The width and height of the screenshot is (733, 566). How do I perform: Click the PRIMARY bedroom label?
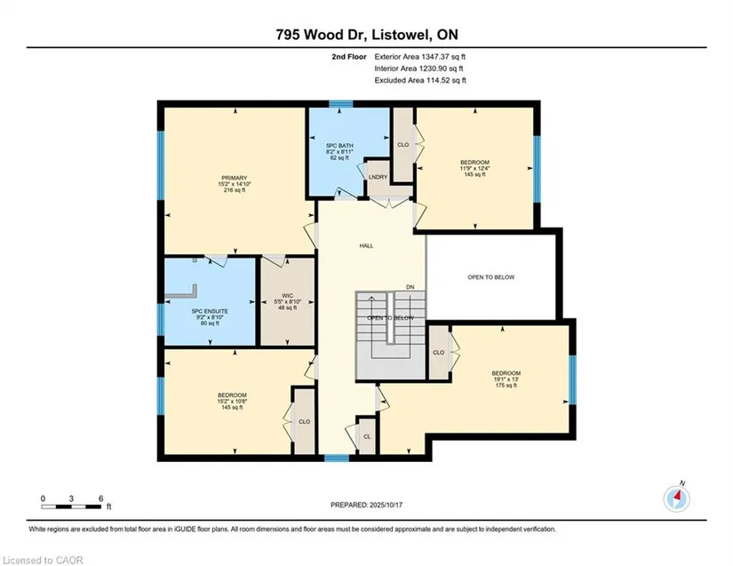pos(235,178)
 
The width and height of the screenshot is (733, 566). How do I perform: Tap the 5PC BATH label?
pos(339,146)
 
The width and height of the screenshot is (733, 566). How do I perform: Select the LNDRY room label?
pos(378,177)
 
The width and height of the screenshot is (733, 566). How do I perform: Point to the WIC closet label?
pos(288,296)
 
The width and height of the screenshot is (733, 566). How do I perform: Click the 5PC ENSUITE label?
pos(210,311)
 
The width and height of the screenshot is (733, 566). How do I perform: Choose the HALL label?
pos(366,246)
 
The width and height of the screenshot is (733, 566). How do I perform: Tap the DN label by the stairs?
pos(410,287)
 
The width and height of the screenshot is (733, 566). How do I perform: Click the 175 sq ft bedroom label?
pos(506,379)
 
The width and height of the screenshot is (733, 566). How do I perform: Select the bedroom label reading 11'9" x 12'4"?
pos(475,168)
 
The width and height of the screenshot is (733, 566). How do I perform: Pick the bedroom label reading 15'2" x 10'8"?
pos(232,401)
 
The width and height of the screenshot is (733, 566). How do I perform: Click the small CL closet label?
pos(367,436)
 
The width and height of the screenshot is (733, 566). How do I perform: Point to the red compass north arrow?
pos(678,496)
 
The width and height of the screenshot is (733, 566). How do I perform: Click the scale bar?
pos(71,506)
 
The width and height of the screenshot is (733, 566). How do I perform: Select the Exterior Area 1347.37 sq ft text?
pos(420,57)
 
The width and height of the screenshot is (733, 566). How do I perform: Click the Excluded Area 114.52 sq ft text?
pos(420,80)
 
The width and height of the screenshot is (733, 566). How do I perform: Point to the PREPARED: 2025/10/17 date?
pos(366,506)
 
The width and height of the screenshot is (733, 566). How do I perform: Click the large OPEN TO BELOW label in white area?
pos(490,277)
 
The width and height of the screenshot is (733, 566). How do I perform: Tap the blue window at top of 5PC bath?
pos(341,104)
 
